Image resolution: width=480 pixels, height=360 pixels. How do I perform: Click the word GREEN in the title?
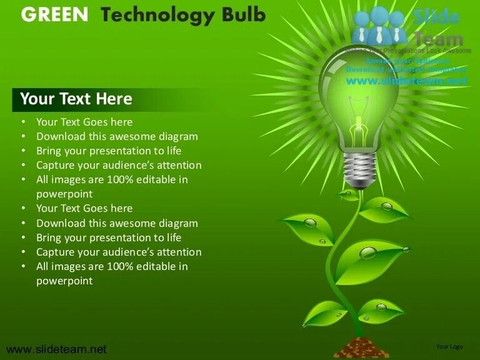55,15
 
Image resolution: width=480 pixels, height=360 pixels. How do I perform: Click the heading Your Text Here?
76,99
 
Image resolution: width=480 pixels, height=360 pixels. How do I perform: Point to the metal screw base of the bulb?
359,169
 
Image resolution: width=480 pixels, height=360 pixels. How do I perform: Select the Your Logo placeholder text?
449,346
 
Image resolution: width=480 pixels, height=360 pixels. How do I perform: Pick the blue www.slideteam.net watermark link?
406,81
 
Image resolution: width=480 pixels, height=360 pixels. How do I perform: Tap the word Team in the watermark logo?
437,39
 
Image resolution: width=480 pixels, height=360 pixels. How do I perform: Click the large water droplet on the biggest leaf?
368,252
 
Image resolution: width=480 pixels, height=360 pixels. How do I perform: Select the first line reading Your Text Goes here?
84,122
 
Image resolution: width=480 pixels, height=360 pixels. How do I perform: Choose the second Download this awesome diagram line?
117,223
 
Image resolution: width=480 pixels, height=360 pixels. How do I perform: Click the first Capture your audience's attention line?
119,166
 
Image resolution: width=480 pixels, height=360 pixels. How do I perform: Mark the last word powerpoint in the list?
64,281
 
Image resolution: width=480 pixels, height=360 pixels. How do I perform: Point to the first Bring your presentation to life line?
109,151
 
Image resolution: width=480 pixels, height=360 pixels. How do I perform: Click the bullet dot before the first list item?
23,122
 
